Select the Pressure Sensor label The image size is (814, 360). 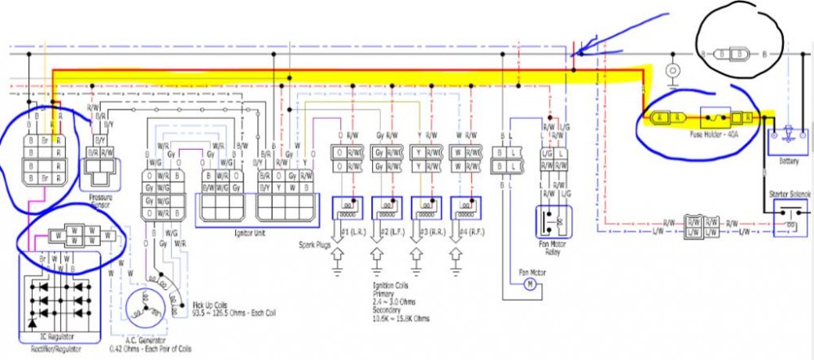click(101, 201)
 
